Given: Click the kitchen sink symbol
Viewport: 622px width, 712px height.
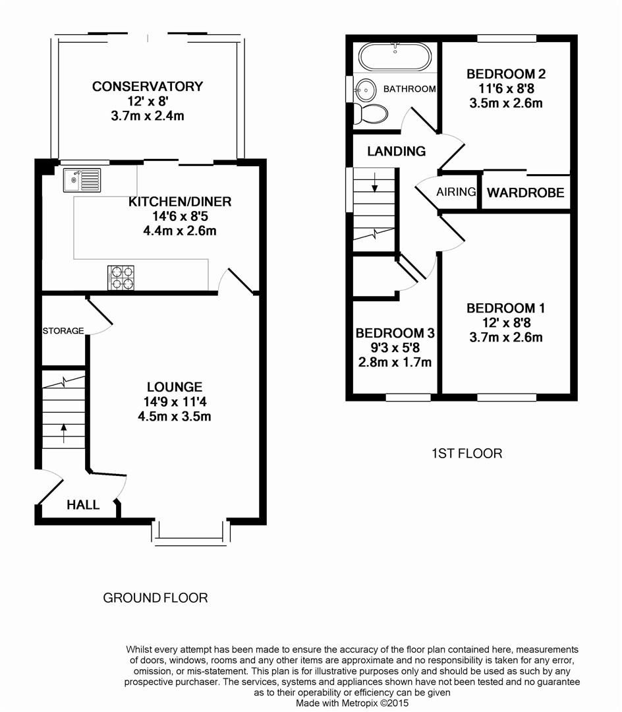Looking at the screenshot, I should point(82,179).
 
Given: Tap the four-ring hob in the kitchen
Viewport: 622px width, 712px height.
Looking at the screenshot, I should point(121,277).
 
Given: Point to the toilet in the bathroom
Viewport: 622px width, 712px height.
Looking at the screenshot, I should point(371,113).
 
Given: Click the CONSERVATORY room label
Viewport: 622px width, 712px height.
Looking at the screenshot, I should point(148,86).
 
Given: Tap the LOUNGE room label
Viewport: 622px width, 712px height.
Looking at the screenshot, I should point(175,387).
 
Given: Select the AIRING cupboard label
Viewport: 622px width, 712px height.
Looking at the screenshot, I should point(456,192).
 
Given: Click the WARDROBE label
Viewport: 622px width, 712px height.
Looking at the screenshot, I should point(525,193).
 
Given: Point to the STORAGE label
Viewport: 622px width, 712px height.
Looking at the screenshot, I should point(63,330).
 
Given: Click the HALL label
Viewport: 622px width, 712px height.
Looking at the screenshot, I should point(83,505).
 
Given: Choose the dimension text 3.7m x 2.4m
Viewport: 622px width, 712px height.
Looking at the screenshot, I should point(148,116).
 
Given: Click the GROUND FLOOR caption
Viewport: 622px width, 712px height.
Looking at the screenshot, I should point(155,598).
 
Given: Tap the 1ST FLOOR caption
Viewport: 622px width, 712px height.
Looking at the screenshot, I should point(466,453).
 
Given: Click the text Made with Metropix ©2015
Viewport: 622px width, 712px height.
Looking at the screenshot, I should point(353,703).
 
